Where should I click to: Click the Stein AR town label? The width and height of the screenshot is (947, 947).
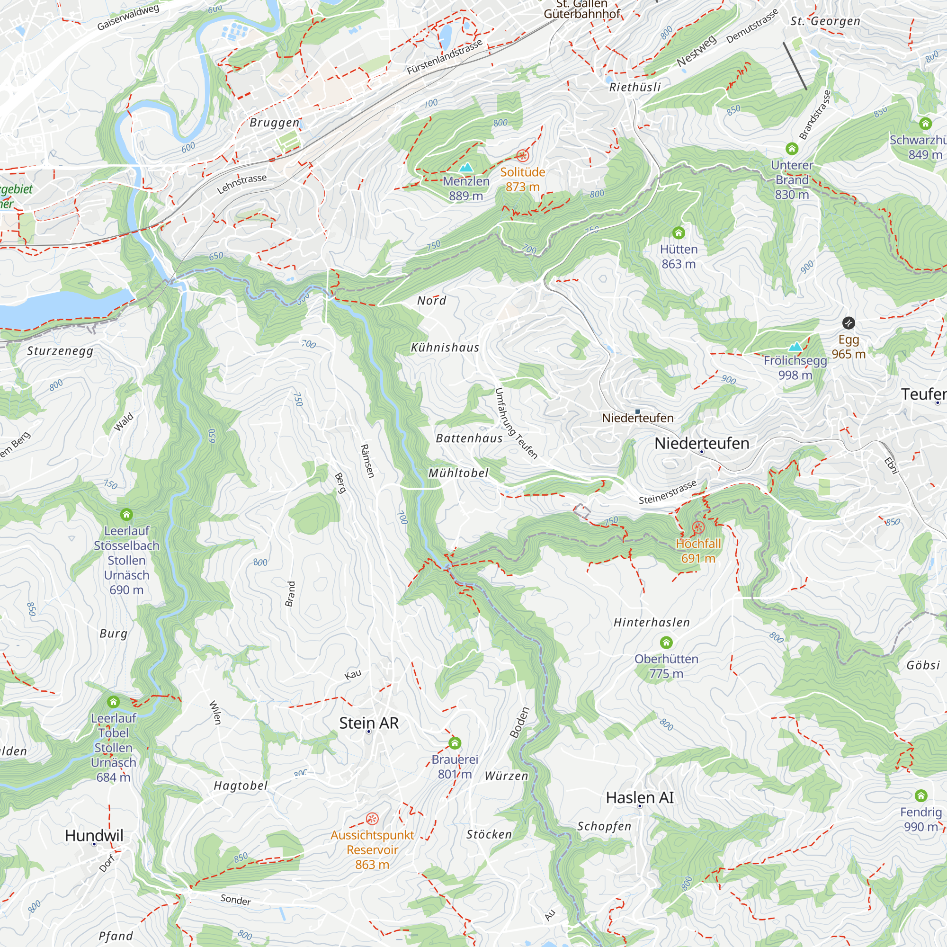click(368, 723)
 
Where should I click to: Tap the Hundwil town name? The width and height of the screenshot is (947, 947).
click(94, 835)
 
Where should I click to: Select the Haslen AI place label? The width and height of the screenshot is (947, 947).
click(640, 797)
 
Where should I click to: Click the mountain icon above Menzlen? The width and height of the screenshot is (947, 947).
click(466, 167)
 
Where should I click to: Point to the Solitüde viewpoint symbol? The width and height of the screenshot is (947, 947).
click(523, 156)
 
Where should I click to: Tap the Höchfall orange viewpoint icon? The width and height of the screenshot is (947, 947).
click(698, 527)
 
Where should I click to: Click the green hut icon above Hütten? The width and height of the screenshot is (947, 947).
click(679, 232)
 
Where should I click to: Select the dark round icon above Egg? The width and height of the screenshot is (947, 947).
click(849, 323)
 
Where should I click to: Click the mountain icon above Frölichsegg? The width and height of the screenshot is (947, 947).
click(795, 346)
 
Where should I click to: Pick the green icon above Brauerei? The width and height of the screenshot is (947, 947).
click(455, 743)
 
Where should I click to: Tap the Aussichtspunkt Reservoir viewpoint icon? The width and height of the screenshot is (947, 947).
click(372, 819)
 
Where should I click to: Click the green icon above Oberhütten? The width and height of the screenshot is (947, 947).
click(666, 643)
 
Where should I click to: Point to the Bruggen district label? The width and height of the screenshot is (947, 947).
click(275, 123)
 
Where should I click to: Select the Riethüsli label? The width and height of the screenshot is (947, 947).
click(635, 87)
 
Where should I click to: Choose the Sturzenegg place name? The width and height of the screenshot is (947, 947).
click(60, 351)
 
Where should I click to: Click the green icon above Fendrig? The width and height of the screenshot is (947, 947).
click(920, 795)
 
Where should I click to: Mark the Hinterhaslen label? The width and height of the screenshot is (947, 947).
click(652, 623)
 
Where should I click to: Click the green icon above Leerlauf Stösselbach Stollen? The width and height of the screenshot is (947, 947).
click(126, 514)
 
